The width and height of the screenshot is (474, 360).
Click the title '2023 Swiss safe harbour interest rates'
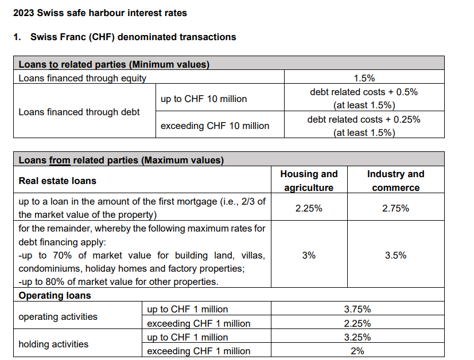point(100,13)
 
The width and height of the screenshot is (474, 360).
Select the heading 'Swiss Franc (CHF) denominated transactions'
point(133,37)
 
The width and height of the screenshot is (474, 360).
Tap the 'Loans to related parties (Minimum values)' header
point(114,64)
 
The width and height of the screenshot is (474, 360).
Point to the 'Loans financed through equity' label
point(82,78)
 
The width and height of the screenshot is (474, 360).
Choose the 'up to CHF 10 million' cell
point(204,99)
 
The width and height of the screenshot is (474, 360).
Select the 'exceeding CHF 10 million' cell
point(215,126)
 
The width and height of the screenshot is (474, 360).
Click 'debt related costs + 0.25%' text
point(364,119)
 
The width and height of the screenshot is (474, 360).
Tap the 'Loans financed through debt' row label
point(79,112)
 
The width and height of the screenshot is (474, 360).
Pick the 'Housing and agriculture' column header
point(309,181)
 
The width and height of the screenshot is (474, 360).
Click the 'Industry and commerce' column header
point(395,181)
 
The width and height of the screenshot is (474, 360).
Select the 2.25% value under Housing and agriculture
point(309,208)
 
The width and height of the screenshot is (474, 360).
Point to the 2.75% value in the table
point(395,208)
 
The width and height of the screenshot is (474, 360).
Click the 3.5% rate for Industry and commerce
point(395,255)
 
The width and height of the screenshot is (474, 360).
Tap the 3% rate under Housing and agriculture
point(309,255)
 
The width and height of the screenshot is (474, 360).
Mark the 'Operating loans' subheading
point(55,296)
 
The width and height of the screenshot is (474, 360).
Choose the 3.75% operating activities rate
point(357,310)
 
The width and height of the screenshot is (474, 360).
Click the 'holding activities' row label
point(53,344)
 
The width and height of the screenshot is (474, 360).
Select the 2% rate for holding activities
point(357,351)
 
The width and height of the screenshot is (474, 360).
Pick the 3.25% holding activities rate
point(357,337)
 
